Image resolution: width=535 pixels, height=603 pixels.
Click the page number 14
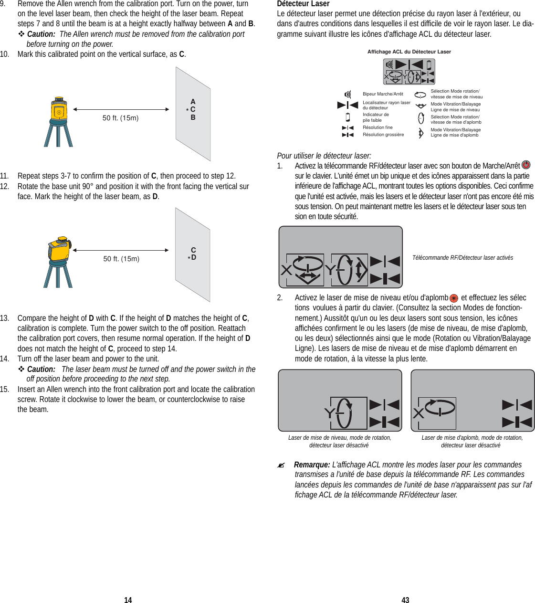click(x=128, y=600)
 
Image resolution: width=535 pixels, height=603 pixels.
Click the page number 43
click(x=405, y=600)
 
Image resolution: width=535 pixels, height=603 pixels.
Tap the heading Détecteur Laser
click(x=303, y=4)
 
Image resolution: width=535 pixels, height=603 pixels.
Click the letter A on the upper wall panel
click(x=193, y=102)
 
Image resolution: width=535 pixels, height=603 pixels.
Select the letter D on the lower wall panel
click(x=194, y=257)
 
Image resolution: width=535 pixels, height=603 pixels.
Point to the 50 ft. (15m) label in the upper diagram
click(x=120, y=118)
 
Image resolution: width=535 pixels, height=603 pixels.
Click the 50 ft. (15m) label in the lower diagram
click(x=121, y=259)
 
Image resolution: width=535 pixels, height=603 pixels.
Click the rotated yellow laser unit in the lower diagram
click(x=60, y=249)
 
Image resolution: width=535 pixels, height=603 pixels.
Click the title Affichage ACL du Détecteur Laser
click(x=409, y=52)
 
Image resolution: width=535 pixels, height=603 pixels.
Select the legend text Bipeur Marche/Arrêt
click(x=383, y=94)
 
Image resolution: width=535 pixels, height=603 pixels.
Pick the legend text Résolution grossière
click(x=383, y=135)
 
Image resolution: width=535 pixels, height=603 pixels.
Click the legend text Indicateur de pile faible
click(x=376, y=117)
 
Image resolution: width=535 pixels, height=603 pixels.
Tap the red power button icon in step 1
click(x=526, y=165)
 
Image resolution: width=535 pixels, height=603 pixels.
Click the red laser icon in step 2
click(x=454, y=298)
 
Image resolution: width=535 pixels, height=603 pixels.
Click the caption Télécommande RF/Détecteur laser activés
click(x=462, y=258)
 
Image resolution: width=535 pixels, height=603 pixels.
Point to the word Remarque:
click(x=312, y=465)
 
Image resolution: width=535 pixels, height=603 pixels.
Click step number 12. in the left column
click(x=5, y=186)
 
